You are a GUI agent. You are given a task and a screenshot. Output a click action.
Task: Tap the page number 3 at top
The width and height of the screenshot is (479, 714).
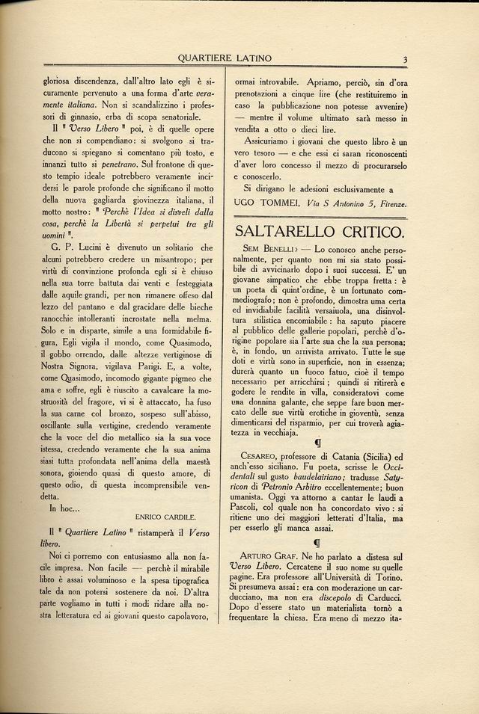pyautogui.click(x=403, y=59)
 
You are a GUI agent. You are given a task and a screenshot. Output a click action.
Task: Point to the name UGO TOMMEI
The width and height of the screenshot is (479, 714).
pyautogui.click(x=265, y=203)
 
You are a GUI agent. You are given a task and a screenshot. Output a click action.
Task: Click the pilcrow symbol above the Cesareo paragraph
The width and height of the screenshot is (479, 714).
pyautogui.click(x=317, y=440)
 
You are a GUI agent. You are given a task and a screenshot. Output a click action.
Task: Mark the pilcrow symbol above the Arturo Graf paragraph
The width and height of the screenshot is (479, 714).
pyautogui.click(x=317, y=541)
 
